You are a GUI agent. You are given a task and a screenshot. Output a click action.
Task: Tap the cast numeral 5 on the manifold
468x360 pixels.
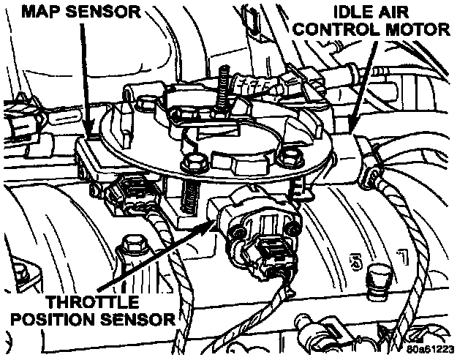point(357,260)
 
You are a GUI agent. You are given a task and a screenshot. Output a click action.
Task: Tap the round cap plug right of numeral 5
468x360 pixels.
point(380,277)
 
